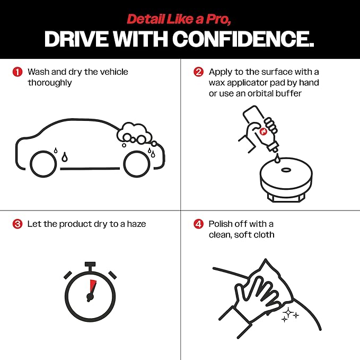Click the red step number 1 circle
point(17,72)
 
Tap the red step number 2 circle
point(198,72)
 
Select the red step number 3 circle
point(17,224)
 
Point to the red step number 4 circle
point(198,224)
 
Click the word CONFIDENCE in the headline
point(243,39)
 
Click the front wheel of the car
point(137,164)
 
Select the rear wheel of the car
point(43,164)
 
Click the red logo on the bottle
point(263,131)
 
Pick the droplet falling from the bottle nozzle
point(277,159)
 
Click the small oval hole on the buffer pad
point(286,170)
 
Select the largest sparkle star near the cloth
point(288,312)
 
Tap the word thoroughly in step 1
point(50,83)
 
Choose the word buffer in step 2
point(288,93)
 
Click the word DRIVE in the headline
point(76,39)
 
